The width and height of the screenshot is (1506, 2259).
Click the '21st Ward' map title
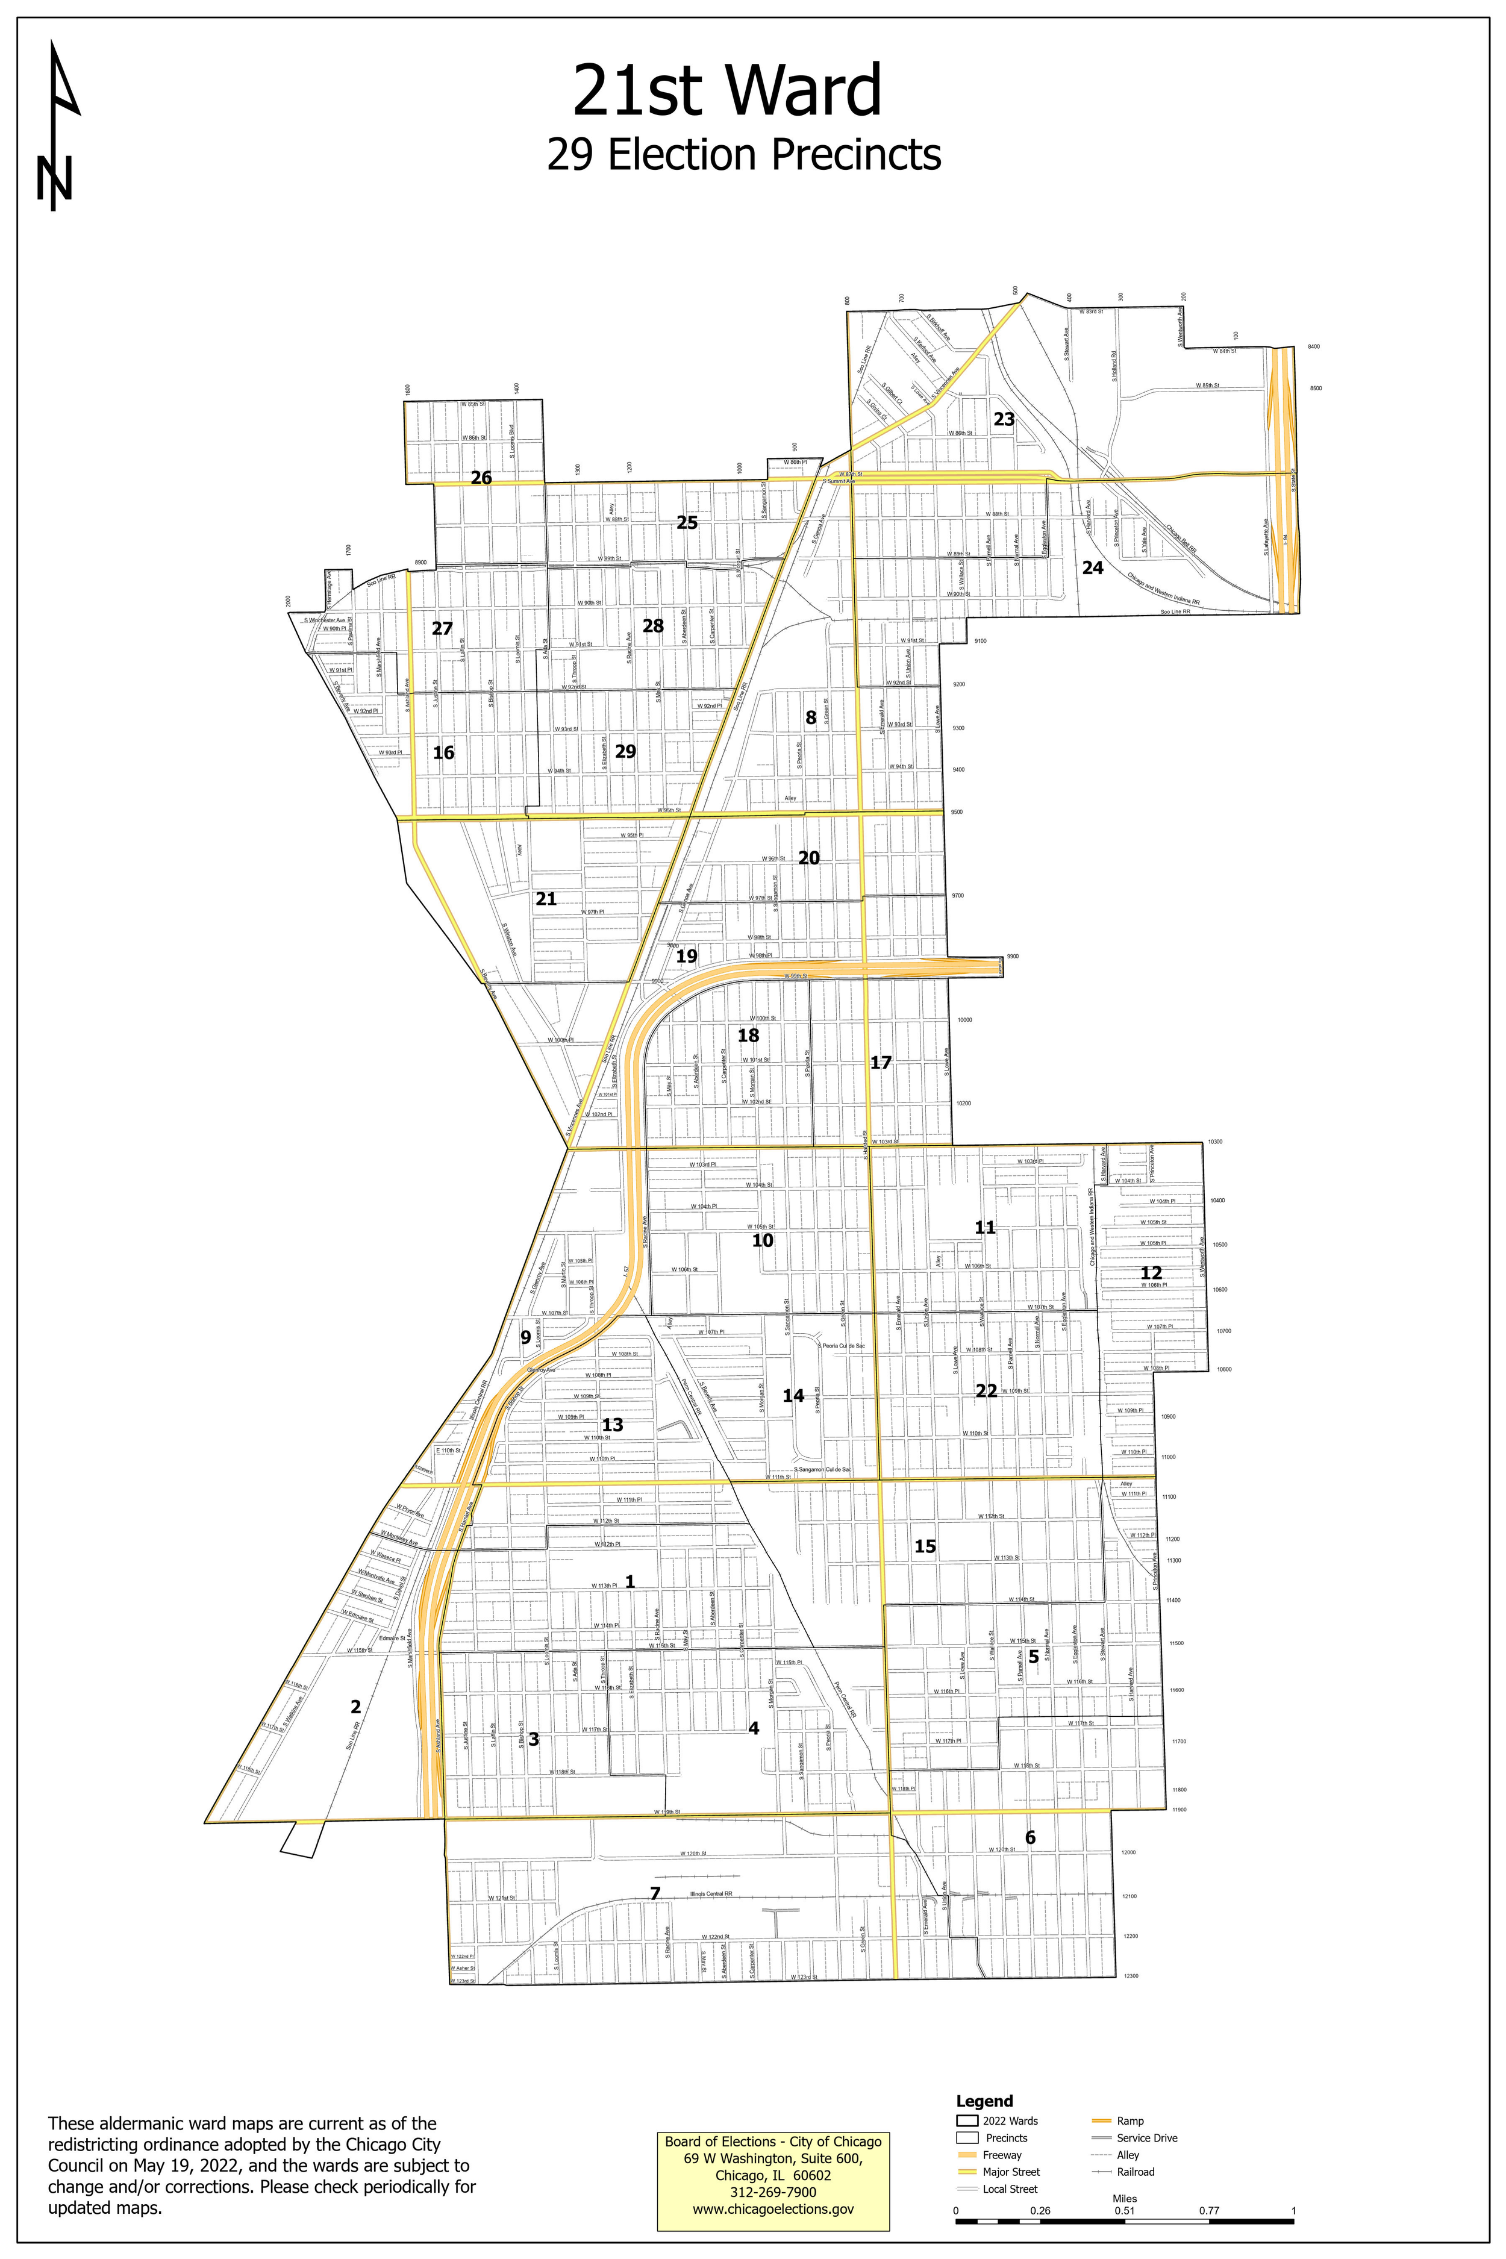click(727, 91)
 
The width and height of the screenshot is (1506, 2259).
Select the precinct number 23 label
click(1004, 419)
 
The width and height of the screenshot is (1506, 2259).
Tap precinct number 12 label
click(1151, 1273)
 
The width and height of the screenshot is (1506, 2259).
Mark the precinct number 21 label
click(546, 899)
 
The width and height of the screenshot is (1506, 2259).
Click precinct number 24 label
click(1093, 567)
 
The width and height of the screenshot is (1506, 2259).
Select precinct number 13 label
click(612, 1424)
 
